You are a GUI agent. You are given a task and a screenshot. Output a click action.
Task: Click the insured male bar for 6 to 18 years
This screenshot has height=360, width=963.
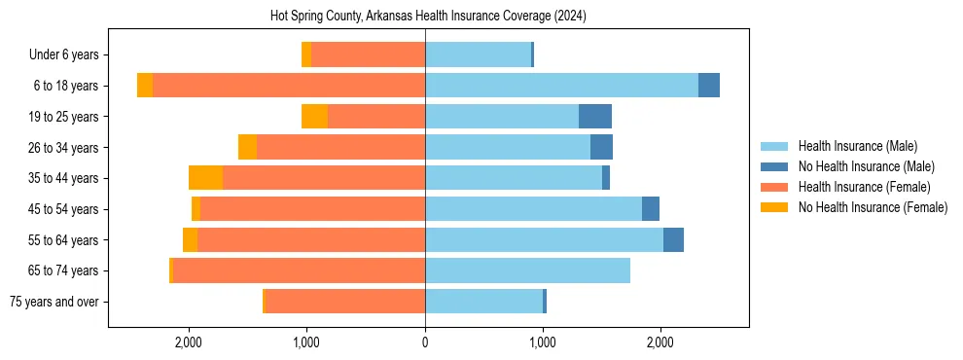click(x=561, y=86)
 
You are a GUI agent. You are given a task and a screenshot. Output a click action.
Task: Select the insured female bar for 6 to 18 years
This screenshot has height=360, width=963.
click(x=289, y=86)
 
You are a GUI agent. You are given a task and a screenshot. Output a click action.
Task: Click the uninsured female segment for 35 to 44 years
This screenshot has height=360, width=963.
click(x=205, y=178)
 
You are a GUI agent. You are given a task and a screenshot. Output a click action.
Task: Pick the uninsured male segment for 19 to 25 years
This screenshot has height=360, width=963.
click(x=595, y=117)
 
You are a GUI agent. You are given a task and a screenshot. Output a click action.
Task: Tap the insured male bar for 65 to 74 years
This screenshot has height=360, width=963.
click(x=527, y=270)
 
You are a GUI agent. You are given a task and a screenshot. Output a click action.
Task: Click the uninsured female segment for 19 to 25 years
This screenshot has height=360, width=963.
click(x=314, y=117)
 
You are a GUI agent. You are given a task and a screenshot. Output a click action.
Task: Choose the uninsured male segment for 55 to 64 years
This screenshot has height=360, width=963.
click(x=673, y=240)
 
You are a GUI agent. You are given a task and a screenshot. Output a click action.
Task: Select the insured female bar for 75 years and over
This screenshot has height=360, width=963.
click(x=345, y=302)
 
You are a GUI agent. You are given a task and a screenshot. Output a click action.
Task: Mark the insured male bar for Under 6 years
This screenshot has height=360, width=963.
click(x=478, y=55)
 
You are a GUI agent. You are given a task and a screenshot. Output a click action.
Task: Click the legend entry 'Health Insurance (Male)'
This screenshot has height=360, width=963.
click(x=857, y=146)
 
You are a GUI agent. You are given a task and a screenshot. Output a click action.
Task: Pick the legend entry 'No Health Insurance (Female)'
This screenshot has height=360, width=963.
click(x=873, y=207)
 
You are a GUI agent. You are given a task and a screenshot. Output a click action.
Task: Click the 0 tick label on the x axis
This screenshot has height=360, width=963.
click(x=425, y=342)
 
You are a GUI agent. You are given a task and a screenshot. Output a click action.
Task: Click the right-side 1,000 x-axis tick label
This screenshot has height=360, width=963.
click(x=543, y=342)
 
